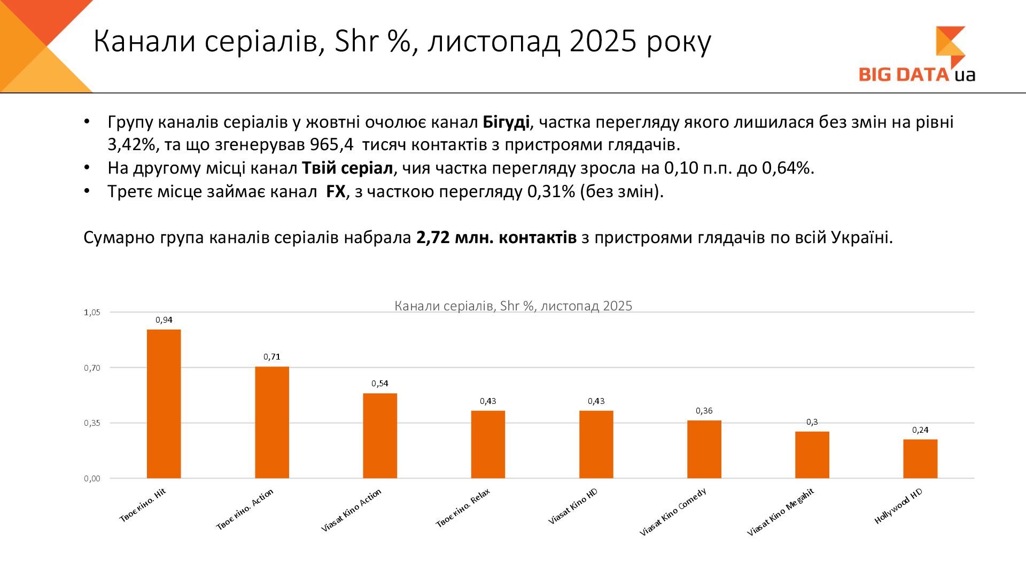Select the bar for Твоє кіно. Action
(x=271, y=422)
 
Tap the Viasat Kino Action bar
(x=380, y=435)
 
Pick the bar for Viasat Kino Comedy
(x=704, y=449)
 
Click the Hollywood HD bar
(x=920, y=458)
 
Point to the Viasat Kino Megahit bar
(x=812, y=455)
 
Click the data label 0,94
(x=164, y=320)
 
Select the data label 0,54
(x=380, y=384)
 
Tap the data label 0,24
(x=920, y=430)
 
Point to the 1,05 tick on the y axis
(x=92, y=313)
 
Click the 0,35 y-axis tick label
(x=92, y=423)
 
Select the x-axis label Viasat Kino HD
(x=573, y=506)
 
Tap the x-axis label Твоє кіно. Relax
(x=463, y=508)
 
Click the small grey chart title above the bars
(x=513, y=306)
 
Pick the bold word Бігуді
(x=506, y=122)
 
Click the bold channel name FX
(x=336, y=192)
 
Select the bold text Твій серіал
(x=347, y=168)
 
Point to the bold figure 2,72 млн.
(x=454, y=238)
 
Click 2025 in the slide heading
(x=603, y=42)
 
